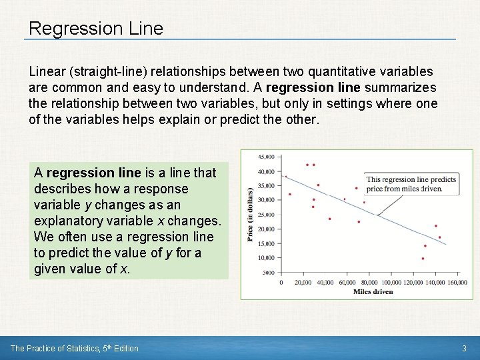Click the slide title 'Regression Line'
[96, 29]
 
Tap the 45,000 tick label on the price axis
[266, 157]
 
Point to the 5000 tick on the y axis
[268, 273]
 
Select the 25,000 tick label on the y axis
[266, 215]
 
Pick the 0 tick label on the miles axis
[281, 283]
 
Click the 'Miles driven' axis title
[373, 291]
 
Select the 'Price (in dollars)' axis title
[251, 215]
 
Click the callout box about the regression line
[411, 184]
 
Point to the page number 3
[465, 348]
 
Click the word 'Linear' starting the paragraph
[48, 71]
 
